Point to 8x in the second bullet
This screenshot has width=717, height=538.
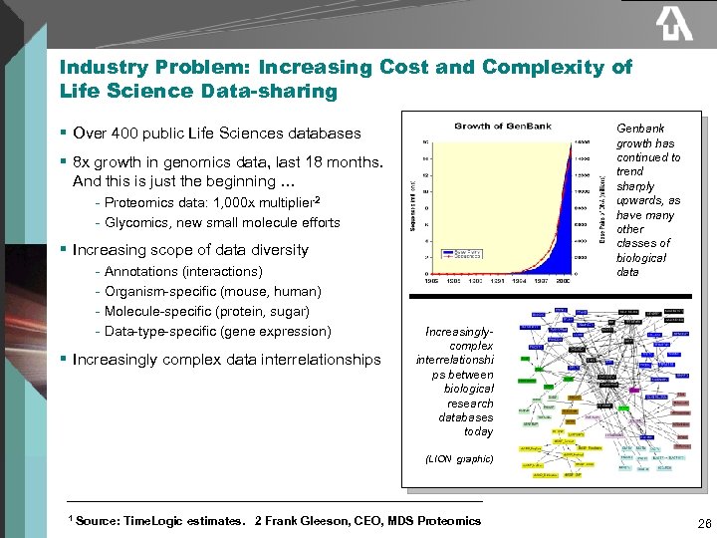83,162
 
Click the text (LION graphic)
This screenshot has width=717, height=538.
458,459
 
